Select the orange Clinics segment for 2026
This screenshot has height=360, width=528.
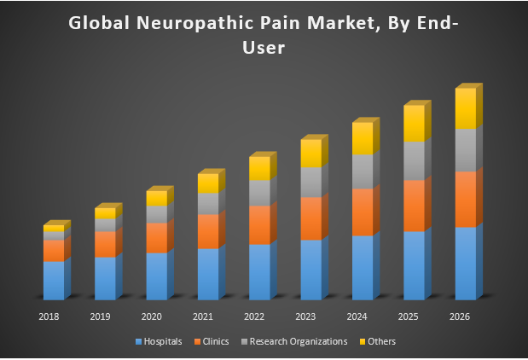(x=465, y=199)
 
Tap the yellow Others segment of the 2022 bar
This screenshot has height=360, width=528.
(x=259, y=168)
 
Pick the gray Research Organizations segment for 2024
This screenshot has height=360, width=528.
(x=363, y=171)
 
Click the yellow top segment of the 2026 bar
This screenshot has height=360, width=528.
(x=465, y=108)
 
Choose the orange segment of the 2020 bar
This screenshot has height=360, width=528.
(x=157, y=238)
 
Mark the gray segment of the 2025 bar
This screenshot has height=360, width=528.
(x=414, y=160)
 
